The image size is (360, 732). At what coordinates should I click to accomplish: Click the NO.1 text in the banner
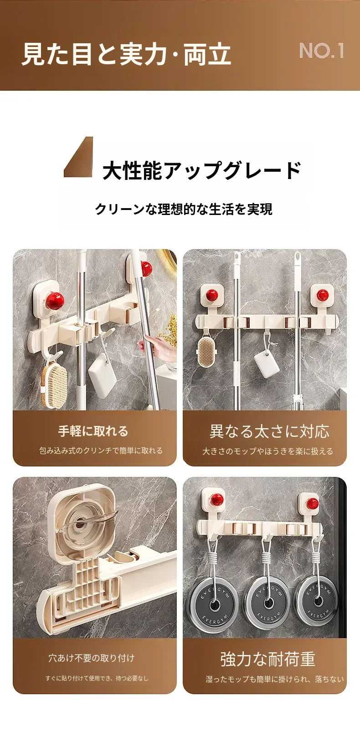tap(322, 51)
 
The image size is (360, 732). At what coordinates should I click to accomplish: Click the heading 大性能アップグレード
tap(201, 170)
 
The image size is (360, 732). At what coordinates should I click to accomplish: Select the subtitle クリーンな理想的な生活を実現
tap(184, 209)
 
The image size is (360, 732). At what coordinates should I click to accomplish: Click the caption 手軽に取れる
tap(93, 431)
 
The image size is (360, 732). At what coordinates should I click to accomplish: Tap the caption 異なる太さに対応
tap(269, 431)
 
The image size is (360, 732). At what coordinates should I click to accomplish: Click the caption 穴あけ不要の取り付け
tap(92, 658)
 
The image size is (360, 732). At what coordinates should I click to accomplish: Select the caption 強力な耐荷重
tap(268, 659)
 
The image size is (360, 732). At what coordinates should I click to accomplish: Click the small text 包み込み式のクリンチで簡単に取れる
tap(101, 450)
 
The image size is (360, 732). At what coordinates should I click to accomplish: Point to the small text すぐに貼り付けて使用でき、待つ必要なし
tap(97, 679)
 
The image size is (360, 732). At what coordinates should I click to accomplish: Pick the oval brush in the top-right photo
tap(207, 351)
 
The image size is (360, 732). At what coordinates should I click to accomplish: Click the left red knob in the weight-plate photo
tap(216, 499)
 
